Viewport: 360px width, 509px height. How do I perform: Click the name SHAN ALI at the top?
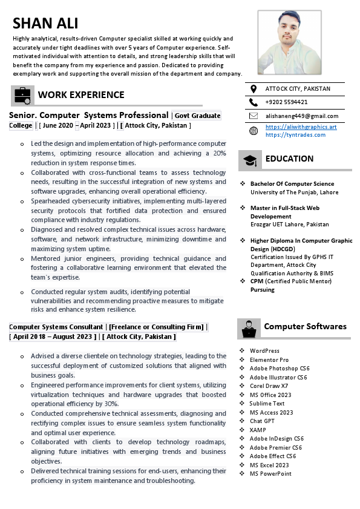(x=45, y=24)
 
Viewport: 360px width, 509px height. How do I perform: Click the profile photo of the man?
(x=289, y=44)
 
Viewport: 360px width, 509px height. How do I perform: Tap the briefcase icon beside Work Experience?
(x=22, y=95)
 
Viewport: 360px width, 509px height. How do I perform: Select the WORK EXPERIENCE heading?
(x=81, y=95)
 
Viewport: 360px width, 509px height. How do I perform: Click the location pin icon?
(x=253, y=89)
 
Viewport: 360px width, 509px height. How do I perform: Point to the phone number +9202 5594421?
(x=286, y=102)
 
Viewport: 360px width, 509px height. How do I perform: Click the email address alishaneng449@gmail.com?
(x=302, y=116)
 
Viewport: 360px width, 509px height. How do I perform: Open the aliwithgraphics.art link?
(x=301, y=127)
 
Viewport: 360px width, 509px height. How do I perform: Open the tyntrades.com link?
(x=295, y=134)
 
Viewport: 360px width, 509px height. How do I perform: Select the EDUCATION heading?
(x=289, y=159)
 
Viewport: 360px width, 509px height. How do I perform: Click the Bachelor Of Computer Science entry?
(x=292, y=184)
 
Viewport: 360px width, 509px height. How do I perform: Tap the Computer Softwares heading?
(x=305, y=327)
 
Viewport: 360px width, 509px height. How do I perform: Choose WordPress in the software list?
(x=264, y=351)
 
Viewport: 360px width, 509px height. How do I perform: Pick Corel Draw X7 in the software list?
(x=269, y=386)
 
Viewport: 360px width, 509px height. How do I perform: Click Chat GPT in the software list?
(x=262, y=421)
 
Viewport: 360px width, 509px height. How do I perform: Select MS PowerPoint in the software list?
(x=270, y=474)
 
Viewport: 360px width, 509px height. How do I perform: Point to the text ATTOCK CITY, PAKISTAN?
(x=298, y=89)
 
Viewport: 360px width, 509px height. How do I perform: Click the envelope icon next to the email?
(x=253, y=116)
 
